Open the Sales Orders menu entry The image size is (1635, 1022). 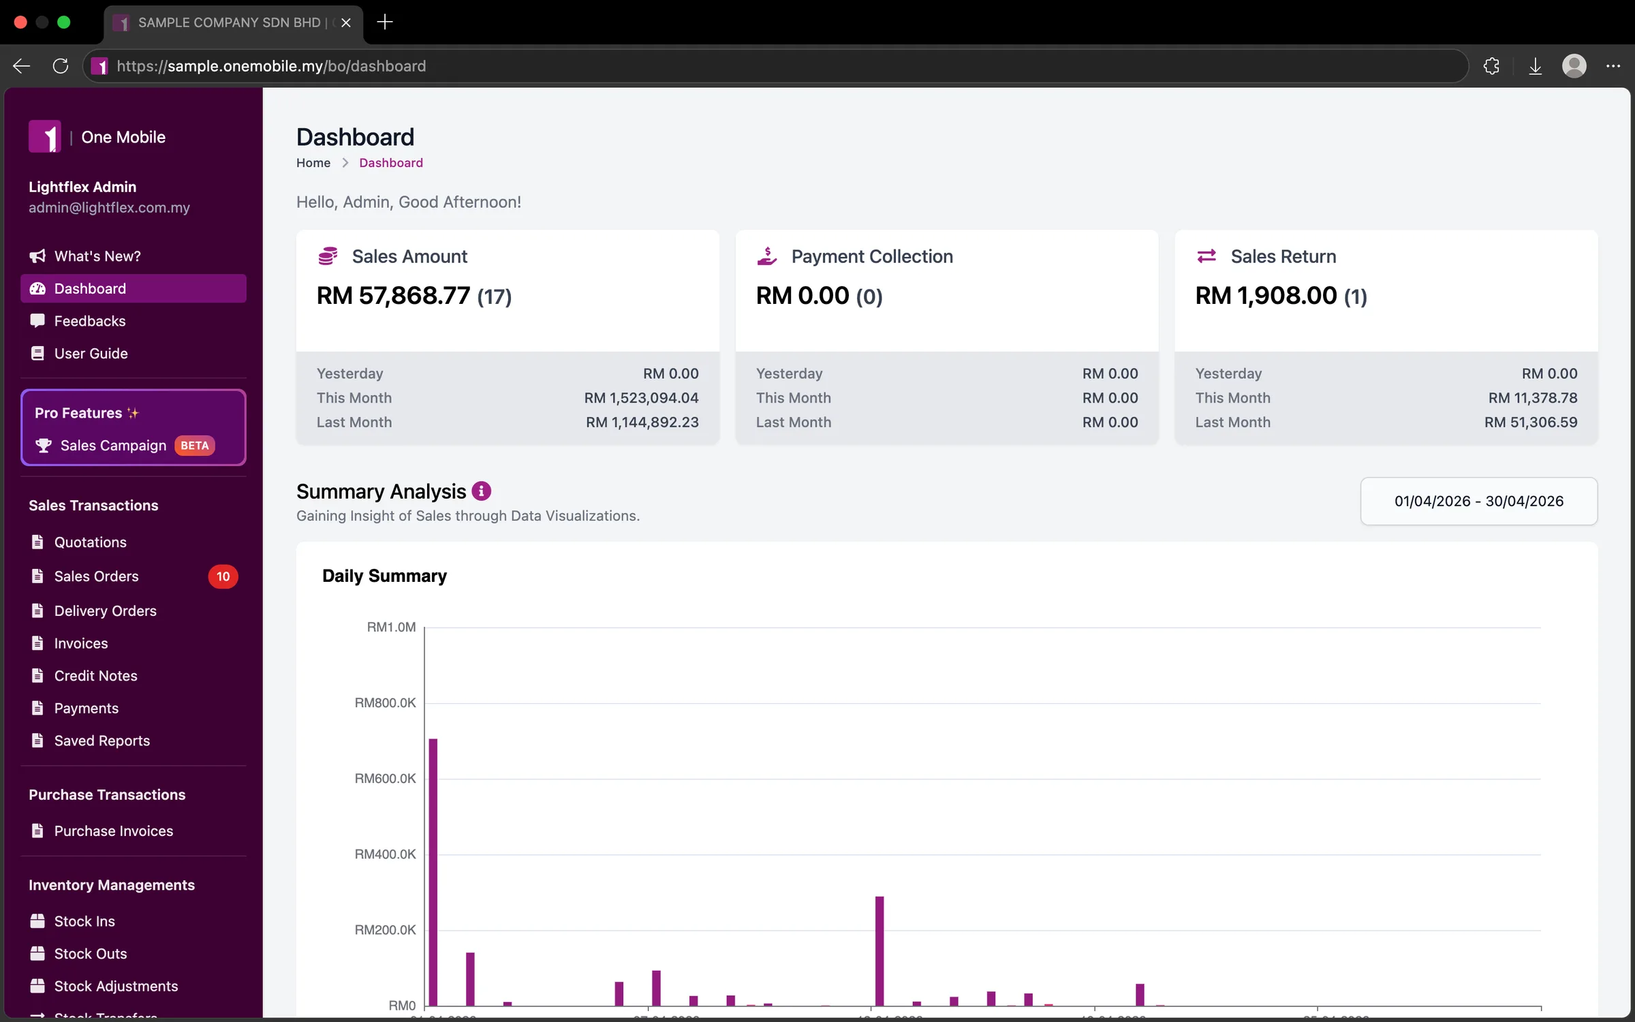96,576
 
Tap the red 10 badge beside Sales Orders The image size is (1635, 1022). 223,576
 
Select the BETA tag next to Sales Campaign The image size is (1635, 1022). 195,446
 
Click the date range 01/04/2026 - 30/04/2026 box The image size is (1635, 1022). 1478,501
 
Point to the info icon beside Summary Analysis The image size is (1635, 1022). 481,491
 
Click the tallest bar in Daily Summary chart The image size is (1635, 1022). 433,872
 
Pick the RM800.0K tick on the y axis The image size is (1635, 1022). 385,702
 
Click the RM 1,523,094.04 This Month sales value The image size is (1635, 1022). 641,398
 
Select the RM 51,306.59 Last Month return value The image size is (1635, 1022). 1531,422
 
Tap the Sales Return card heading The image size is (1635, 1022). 1283,256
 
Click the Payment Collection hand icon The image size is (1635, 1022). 766,256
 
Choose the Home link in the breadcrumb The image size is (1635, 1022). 313,163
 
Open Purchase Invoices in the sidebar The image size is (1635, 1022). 113,831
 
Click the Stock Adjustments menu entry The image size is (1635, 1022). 116,986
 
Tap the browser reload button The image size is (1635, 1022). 61,66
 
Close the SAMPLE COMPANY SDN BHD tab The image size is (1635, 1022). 346,22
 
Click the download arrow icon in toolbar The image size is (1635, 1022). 1535,66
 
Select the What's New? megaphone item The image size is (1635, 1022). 97,256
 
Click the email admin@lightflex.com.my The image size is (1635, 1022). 109,208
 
